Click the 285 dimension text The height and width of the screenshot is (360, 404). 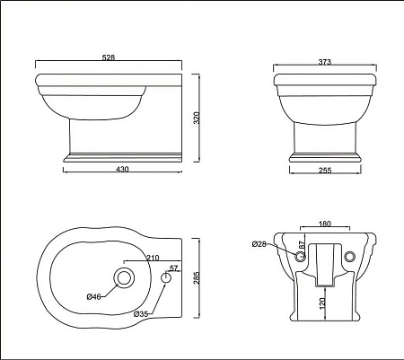coord(205,279)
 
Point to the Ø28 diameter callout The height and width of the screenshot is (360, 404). coord(259,243)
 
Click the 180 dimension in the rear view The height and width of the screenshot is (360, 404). coord(326,224)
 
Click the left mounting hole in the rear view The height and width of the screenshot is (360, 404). coord(301,257)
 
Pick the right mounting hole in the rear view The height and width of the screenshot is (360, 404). coord(349,257)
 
